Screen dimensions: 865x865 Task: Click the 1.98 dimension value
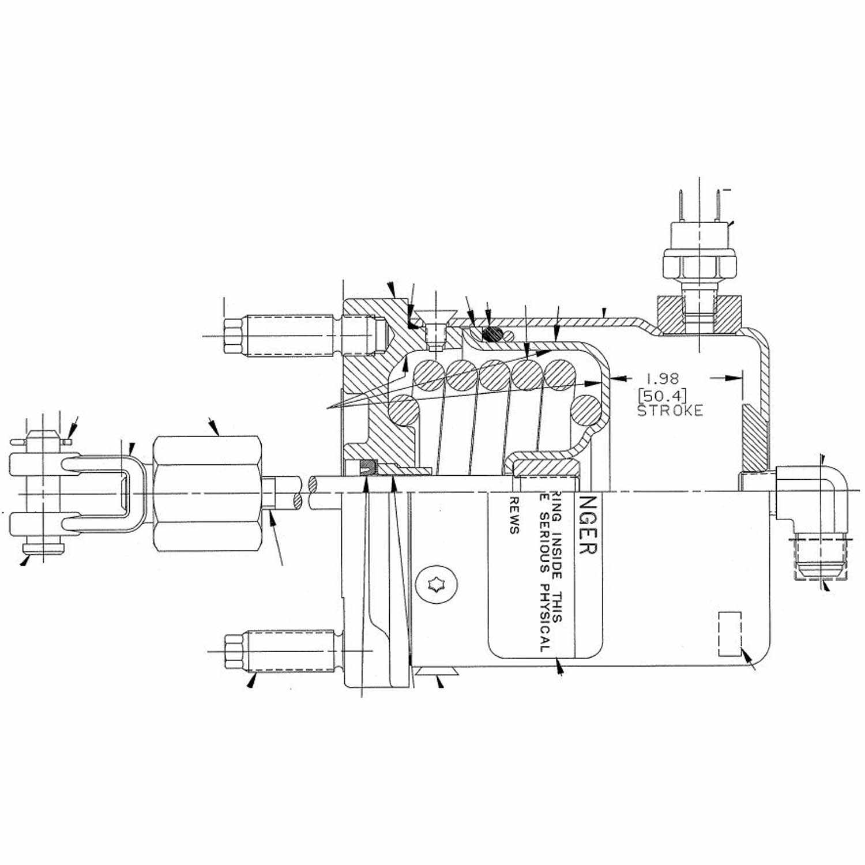662,379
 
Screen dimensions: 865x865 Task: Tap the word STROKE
670,411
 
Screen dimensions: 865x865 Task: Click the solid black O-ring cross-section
491,333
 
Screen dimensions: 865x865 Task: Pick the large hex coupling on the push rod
208,494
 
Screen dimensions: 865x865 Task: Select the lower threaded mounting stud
281,650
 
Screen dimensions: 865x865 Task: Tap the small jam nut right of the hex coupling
269,494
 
